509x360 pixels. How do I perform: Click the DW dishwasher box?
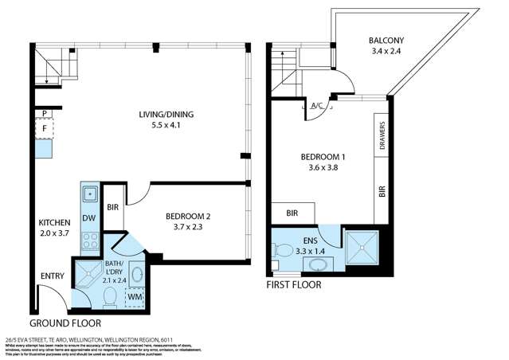[89, 217]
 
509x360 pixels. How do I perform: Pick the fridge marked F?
[43, 127]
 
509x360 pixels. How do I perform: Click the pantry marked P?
[43, 113]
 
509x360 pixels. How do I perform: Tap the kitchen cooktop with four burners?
[89, 241]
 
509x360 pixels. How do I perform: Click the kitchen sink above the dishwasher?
[89, 192]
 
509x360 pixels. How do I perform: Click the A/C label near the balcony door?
[316, 105]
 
